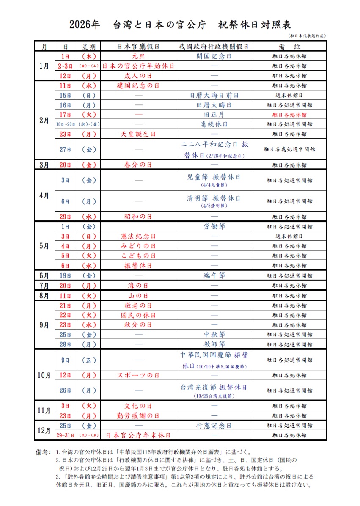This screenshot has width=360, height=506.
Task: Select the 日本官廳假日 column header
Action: point(138,46)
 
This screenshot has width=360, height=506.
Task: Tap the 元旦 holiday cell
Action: point(138,56)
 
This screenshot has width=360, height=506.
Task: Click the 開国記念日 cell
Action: point(214,56)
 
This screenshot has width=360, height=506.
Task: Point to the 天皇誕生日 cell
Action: point(138,134)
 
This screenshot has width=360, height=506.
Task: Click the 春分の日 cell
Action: point(138,165)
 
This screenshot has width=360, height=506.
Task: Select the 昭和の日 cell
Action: point(138,217)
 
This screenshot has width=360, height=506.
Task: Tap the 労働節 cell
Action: point(214,226)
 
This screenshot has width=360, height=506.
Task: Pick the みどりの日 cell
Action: point(138,246)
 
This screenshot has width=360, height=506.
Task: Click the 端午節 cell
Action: point(214,275)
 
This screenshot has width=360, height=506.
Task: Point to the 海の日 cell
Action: point(138,285)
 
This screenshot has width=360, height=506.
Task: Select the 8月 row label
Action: point(44,295)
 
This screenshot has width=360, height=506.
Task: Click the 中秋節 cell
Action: point(214,335)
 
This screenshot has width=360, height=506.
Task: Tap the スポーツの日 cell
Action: point(138,375)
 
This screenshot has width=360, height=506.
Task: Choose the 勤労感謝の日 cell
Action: point(138,415)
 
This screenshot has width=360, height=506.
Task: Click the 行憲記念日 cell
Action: point(214,425)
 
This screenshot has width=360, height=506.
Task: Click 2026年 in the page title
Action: point(85,25)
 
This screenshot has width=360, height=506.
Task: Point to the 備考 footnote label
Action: point(44,452)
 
